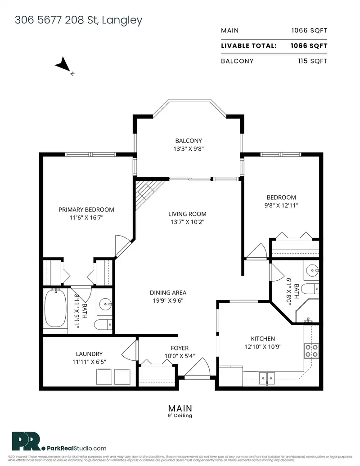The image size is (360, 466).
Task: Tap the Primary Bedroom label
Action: point(86,210)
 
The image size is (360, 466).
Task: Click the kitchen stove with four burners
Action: point(312,350)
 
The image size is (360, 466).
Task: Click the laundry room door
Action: point(130,348)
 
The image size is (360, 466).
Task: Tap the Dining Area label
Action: point(168,292)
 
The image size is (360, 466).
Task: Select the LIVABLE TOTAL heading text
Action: point(248,46)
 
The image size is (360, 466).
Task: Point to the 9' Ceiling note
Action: point(180,416)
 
